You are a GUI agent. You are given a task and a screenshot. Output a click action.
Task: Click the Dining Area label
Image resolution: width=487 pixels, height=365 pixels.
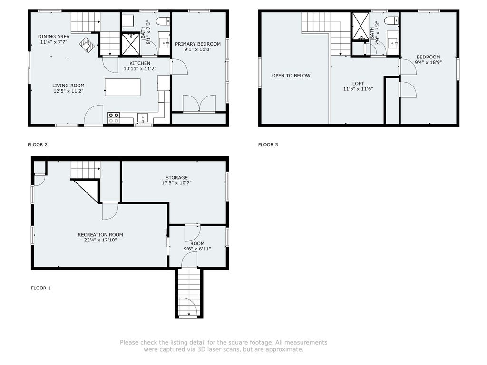click(54, 36)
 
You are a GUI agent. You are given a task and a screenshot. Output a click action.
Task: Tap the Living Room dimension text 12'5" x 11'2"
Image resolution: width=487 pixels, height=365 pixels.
click(68, 91)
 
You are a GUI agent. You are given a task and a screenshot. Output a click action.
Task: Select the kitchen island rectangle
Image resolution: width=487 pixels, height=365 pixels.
click(122, 87)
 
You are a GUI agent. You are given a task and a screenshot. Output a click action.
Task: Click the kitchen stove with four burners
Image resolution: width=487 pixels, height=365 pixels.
click(114, 118)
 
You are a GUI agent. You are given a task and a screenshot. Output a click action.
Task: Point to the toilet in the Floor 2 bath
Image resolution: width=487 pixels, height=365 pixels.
click(163, 21)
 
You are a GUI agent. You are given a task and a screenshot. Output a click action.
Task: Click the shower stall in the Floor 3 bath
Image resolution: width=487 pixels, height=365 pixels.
click(360, 27)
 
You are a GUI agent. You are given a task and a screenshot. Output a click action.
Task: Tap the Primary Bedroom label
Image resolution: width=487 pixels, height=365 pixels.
click(198, 44)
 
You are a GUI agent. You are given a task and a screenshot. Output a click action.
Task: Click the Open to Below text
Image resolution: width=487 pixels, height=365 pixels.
click(291, 76)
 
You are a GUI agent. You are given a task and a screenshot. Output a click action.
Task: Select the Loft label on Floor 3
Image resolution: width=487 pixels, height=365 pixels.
click(358, 84)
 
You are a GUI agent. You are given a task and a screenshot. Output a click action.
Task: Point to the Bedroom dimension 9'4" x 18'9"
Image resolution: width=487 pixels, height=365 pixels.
click(429, 62)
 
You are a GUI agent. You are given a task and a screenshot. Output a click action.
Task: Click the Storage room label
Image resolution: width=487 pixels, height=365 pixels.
click(176, 178)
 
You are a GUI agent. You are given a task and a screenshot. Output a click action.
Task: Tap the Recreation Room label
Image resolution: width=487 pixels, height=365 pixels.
click(100, 235)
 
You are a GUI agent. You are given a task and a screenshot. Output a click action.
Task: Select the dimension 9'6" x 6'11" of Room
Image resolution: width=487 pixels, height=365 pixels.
click(197, 249)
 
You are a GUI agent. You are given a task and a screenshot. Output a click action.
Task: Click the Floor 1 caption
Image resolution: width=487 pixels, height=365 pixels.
click(41, 288)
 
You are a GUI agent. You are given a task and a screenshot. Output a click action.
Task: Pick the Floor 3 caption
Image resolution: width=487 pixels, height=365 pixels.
click(268, 144)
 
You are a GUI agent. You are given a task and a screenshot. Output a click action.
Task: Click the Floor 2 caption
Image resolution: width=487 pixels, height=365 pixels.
click(38, 144)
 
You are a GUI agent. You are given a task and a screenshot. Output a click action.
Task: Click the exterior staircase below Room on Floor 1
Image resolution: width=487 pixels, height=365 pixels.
click(189, 293)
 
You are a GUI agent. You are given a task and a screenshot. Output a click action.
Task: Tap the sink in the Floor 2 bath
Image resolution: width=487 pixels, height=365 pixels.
click(164, 43)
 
